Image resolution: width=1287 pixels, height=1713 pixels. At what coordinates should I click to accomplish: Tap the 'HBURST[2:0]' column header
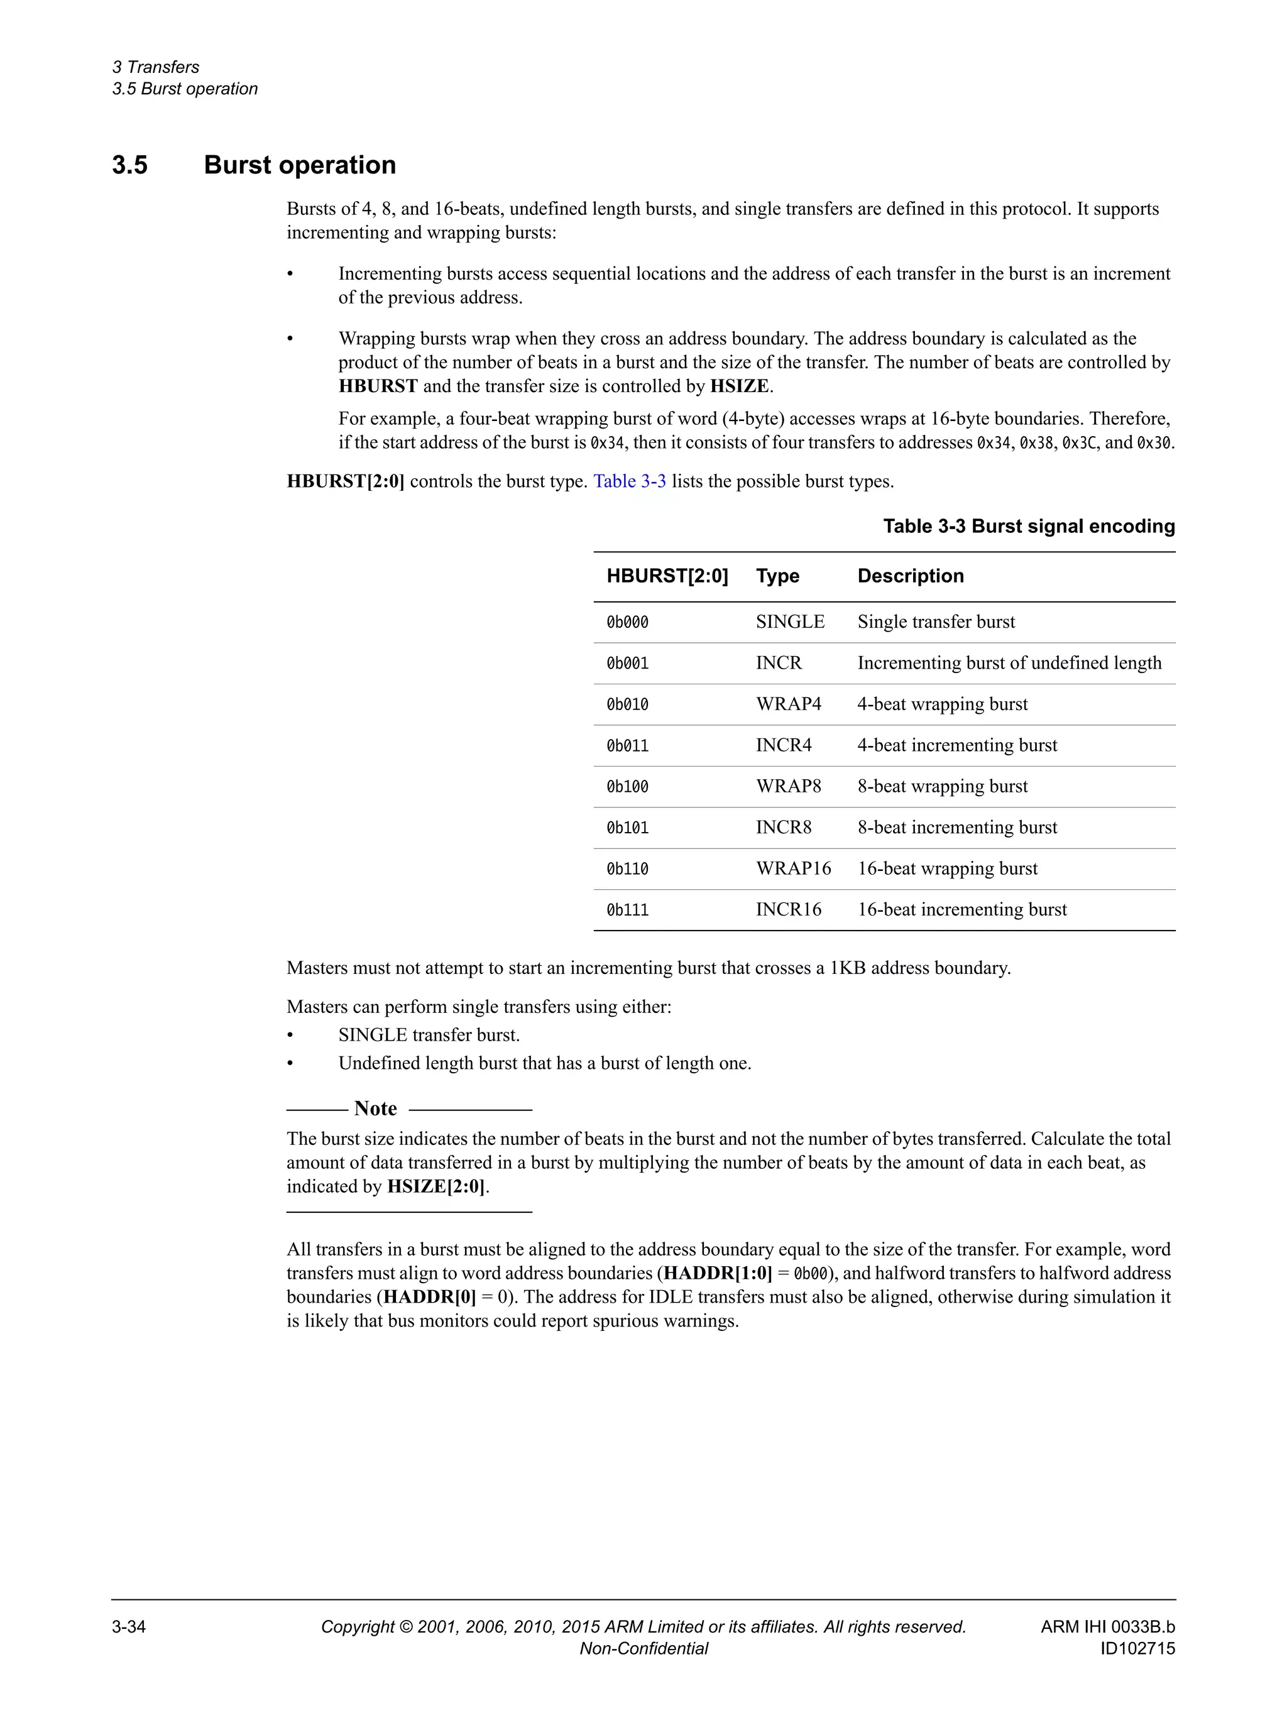point(667,576)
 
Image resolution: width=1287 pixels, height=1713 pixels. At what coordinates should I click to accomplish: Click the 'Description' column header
point(910,576)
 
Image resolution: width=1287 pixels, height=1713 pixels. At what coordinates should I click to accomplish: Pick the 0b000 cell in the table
point(627,622)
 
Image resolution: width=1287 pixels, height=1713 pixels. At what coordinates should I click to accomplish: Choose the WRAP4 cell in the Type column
point(787,704)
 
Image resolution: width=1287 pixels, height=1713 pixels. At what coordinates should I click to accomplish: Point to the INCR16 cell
point(787,909)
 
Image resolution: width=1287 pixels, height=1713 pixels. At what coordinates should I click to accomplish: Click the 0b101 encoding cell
point(627,827)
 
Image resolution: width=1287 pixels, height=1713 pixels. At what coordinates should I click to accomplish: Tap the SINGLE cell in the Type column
point(790,622)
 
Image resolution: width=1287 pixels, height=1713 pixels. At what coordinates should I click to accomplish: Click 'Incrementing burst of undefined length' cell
point(1009,663)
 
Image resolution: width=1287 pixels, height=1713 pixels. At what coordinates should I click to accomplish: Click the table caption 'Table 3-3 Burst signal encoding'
point(1028,527)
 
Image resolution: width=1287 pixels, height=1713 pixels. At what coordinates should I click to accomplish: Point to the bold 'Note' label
point(376,1108)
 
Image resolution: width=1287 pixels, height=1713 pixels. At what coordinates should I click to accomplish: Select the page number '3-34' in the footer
point(129,1626)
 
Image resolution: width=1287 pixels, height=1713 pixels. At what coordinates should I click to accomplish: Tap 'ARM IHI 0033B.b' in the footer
point(1107,1626)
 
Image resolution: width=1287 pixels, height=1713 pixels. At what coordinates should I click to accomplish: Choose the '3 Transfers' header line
point(156,67)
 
